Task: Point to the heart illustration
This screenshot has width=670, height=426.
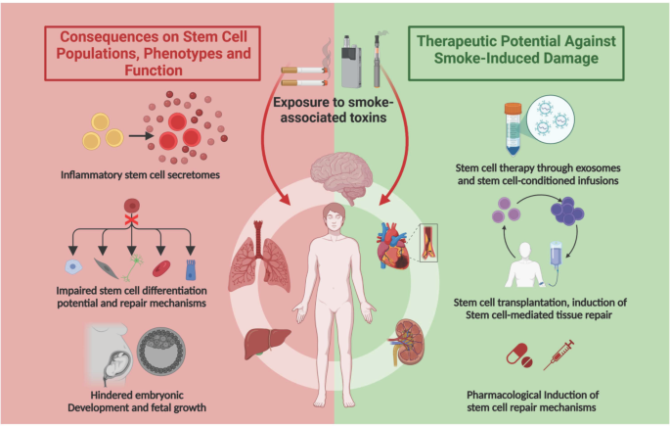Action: click(x=392, y=247)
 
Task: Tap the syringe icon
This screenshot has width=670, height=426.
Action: click(x=558, y=355)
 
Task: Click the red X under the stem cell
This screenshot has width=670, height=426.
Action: click(x=131, y=219)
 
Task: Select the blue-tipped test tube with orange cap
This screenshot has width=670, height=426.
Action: click(x=513, y=128)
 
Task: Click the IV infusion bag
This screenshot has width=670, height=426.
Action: click(x=556, y=254)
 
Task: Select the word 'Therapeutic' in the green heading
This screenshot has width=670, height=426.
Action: click(x=457, y=41)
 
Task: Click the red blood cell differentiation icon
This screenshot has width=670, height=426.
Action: click(x=161, y=269)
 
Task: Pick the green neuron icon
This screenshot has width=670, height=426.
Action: click(x=132, y=267)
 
